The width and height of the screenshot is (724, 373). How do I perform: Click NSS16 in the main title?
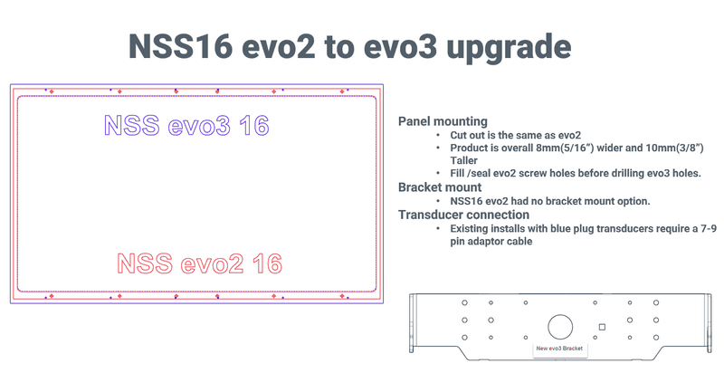point(180,46)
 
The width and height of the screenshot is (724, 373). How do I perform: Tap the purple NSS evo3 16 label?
point(186,125)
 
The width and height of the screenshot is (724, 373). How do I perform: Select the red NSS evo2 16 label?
point(199,263)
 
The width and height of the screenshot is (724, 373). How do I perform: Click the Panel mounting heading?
point(443,121)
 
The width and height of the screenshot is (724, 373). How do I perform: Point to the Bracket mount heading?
point(440,187)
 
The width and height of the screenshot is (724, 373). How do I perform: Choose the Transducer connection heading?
point(463,215)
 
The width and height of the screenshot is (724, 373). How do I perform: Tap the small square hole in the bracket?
point(602,327)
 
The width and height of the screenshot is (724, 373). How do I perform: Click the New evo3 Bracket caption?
point(559,349)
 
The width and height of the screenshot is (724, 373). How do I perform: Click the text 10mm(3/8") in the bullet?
point(673,148)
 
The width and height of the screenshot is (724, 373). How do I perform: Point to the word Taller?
point(463,160)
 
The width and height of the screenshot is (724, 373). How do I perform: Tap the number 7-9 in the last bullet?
point(709,228)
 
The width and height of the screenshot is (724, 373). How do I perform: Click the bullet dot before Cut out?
point(438,135)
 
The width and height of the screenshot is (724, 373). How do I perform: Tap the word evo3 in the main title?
point(400,47)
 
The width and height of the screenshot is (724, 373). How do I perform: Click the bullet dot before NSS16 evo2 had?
point(438,201)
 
